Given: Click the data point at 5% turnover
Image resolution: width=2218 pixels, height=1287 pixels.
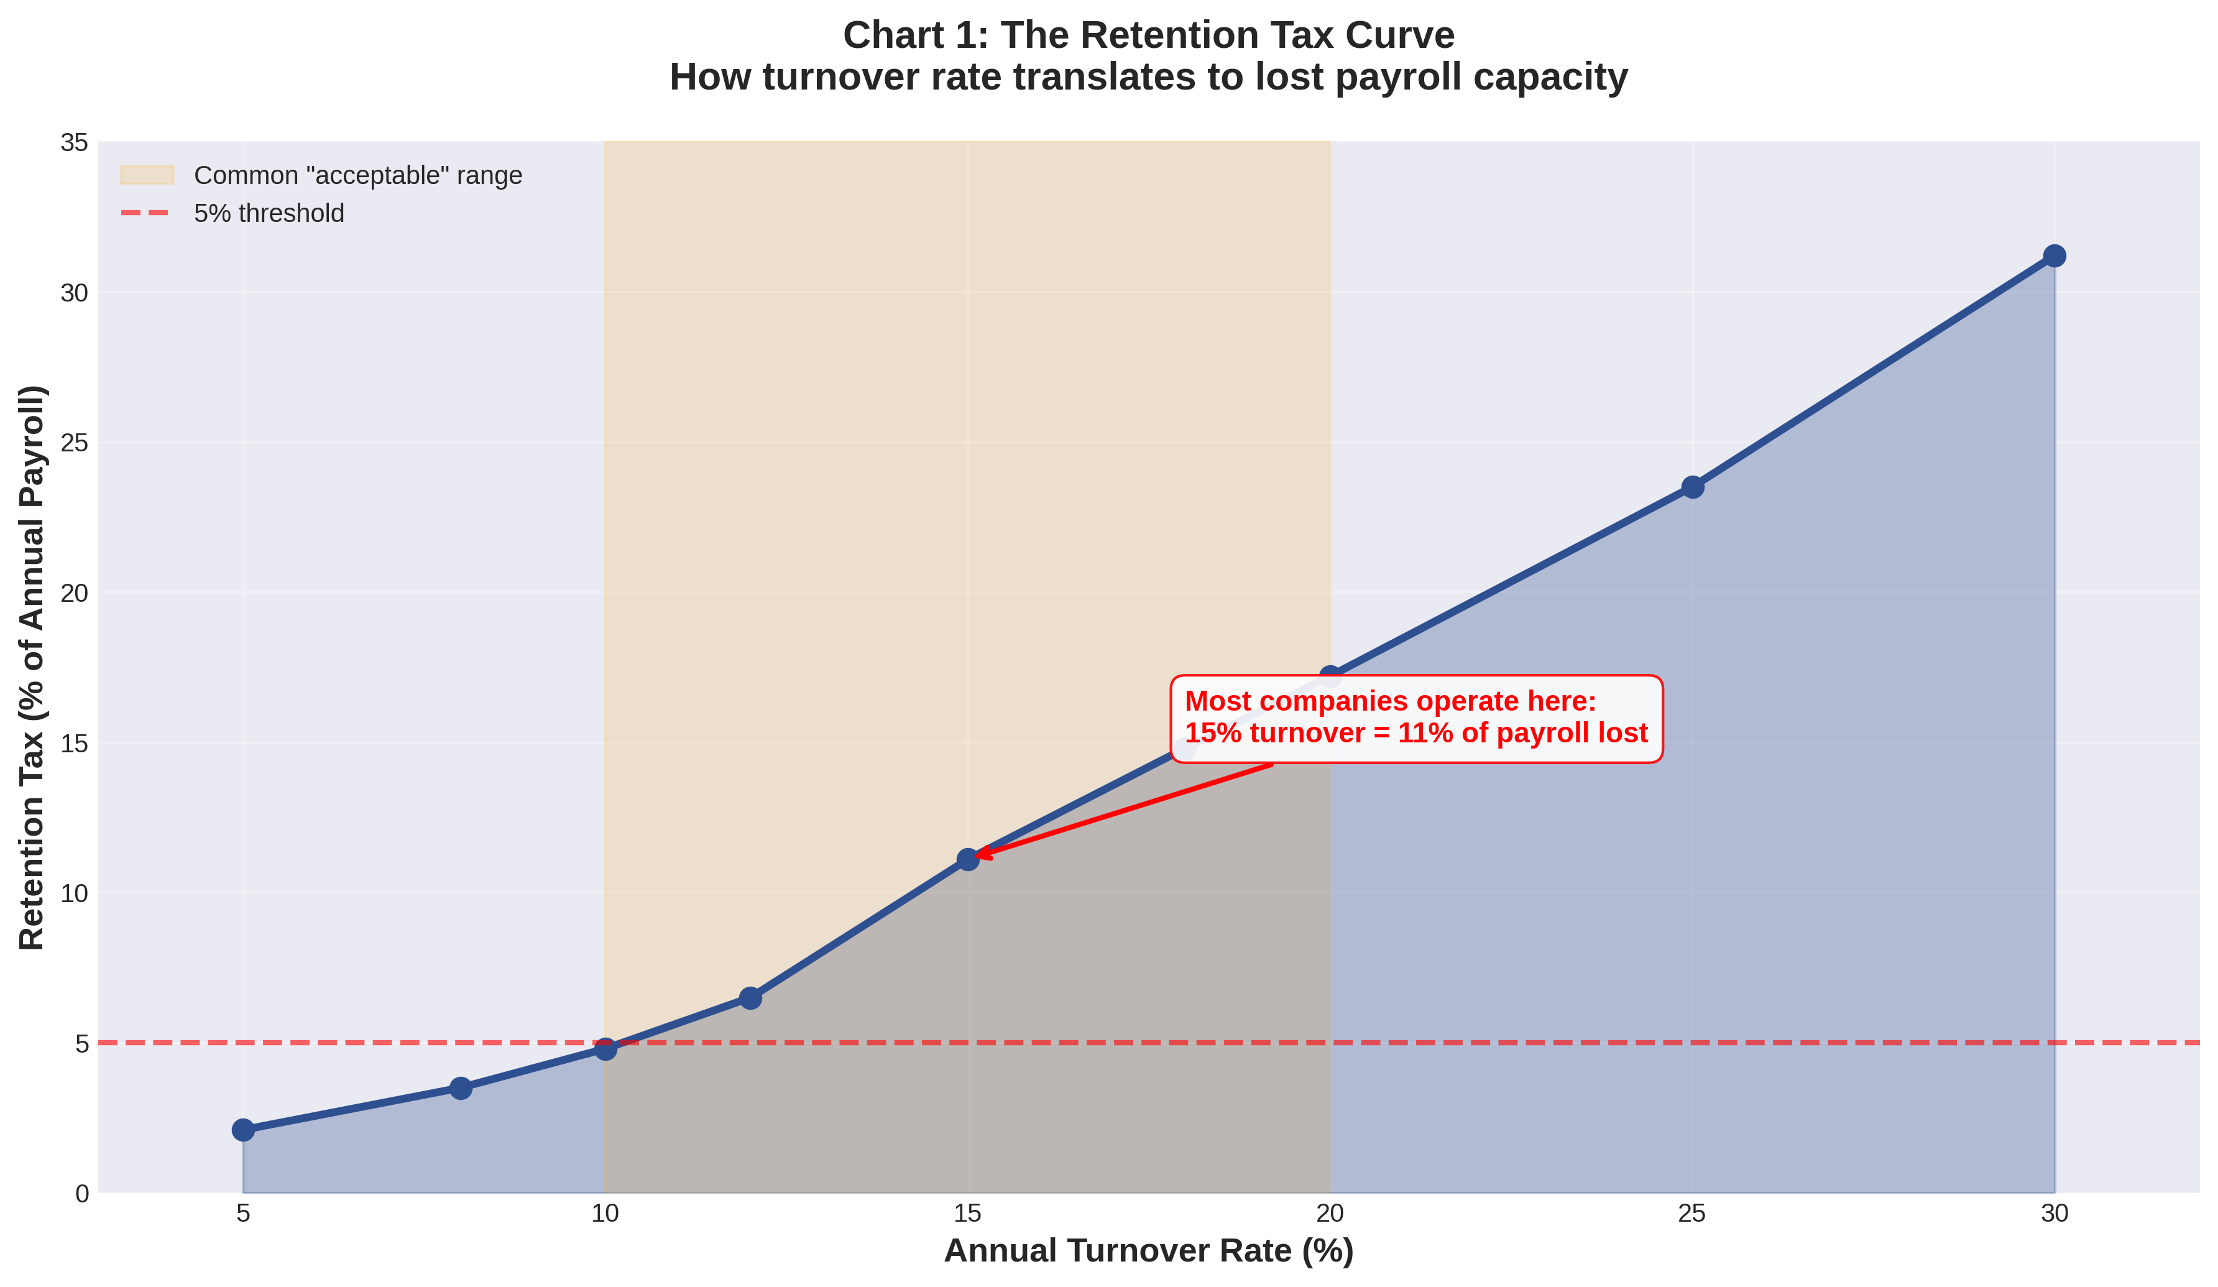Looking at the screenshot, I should tap(244, 1130).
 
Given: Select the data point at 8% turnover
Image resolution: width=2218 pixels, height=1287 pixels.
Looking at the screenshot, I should tap(461, 1088).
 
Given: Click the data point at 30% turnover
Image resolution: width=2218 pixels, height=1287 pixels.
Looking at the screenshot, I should tap(2055, 256).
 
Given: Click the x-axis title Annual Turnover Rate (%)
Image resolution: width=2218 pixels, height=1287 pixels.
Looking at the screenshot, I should tap(1149, 1252).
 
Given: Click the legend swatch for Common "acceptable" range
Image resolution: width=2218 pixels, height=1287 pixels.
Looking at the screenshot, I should tap(147, 175).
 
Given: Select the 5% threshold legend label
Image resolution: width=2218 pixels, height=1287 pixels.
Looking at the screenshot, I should tap(269, 214).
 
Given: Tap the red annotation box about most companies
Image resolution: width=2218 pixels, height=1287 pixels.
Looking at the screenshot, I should tap(1416, 718).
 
